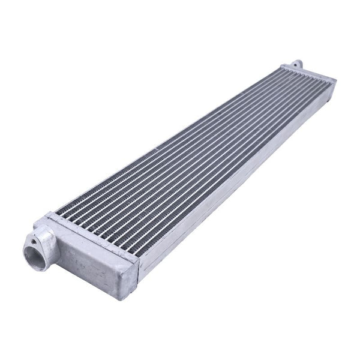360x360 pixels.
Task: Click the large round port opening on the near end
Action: pyautogui.click(x=34, y=247)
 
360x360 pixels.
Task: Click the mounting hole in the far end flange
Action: pyautogui.click(x=296, y=63)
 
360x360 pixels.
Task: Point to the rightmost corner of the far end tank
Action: pyautogui.click(x=335, y=80)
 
